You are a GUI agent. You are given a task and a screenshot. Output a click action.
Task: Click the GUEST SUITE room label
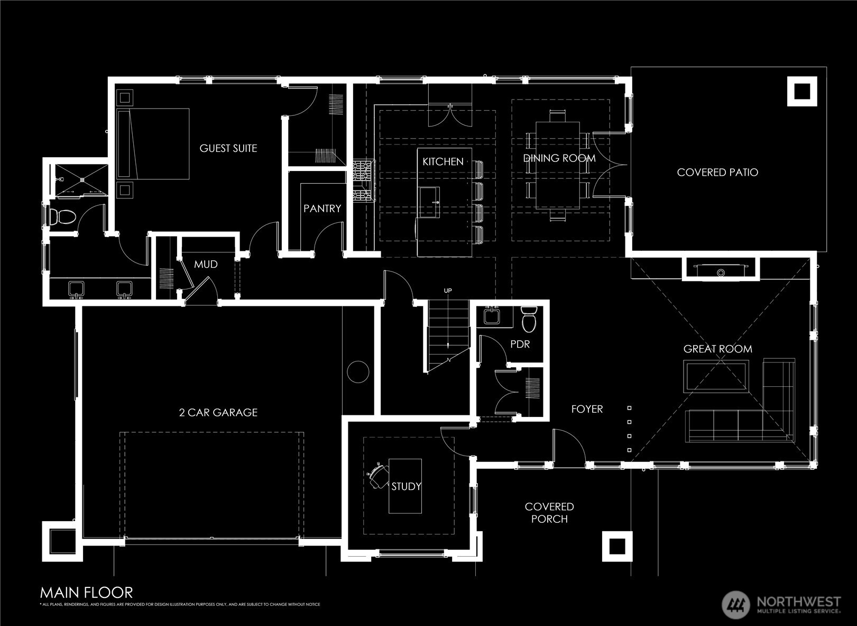(228, 149)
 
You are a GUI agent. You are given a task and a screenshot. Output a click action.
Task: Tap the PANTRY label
(322, 208)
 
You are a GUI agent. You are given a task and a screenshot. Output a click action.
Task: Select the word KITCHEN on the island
(443, 162)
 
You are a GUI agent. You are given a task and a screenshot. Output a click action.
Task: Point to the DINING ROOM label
(559, 158)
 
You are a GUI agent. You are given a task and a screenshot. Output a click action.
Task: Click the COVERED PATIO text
(717, 173)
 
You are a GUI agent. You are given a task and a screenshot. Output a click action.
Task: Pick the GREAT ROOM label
(717, 349)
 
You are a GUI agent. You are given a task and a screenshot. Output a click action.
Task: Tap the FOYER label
(587, 409)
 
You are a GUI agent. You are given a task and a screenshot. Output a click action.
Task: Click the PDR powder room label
(520, 344)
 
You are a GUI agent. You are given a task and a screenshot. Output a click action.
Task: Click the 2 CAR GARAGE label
(218, 412)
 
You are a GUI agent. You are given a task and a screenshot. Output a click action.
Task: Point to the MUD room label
(206, 265)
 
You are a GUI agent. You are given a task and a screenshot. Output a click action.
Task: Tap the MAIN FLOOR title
(87, 592)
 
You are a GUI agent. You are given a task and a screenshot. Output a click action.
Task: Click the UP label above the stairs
(448, 291)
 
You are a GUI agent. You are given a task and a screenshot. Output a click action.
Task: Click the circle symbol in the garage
(358, 371)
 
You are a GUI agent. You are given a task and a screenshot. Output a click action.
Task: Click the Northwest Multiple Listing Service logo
(781, 604)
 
